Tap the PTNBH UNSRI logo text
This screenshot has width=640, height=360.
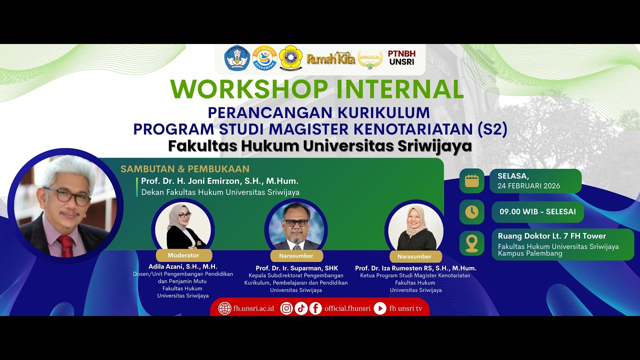pyautogui.click(x=401, y=58)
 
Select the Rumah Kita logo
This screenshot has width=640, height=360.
pyautogui.click(x=330, y=58)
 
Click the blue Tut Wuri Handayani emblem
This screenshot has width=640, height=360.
pyautogui.click(x=237, y=58)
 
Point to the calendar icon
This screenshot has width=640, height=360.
pyautogui.click(x=471, y=181)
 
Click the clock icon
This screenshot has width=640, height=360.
pyautogui.click(x=471, y=212)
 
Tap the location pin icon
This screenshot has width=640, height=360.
pyautogui.click(x=471, y=243)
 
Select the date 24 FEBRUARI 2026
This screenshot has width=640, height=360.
pyautogui.click(x=528, y=186)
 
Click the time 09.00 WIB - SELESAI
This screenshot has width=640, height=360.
pyautogui.click(x=537, y=211)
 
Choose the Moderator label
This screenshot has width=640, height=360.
pyautogui.click(x=183, y=255)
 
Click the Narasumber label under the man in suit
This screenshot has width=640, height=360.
pyautogui.click(x=296, y=256)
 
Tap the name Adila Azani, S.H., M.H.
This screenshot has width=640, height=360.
pyautogui.click(x=183, y=266)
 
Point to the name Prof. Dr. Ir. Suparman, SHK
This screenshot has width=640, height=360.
pyautogui.click(x=296, y=268)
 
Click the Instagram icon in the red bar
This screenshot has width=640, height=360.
pyautogui.click(x=286, y=308)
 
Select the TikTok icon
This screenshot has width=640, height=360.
pyautogui.click(x=301, y=308)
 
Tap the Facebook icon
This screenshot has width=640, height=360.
pyautogui.click(x=315, y=308)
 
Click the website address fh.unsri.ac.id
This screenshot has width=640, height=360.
pyautogui.click(x=253, y=308)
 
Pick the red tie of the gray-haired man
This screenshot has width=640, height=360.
pyautogui.click(x=65, y=245)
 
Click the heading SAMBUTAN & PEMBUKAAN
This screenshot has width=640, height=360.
pyautogui.click(x=185, y=169)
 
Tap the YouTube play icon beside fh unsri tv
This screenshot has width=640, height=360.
pyautogui.click(x=380, y=308)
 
